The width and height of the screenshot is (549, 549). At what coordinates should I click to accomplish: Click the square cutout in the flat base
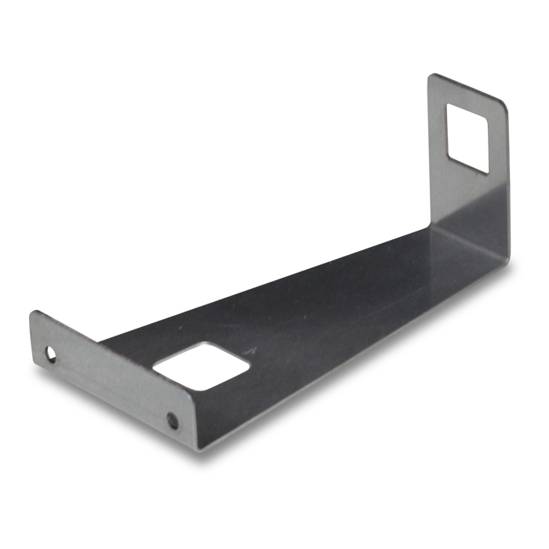[x=202, y=365]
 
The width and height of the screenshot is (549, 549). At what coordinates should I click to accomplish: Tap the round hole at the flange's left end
[x=52, y=354]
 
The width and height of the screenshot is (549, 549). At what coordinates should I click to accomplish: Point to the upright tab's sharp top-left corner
[x=430, y=75]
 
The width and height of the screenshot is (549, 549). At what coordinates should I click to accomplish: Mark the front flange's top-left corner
[x=33, y=312]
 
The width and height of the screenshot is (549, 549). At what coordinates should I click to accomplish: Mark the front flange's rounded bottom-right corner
[x=202, y=448]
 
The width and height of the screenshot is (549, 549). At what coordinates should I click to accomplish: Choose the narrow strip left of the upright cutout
[x=437, y=125]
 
